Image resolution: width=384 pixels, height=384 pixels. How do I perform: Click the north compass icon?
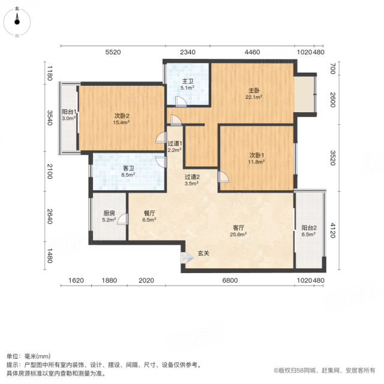click(17, 22)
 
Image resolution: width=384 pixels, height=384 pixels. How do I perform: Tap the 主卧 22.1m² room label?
click(254, 94)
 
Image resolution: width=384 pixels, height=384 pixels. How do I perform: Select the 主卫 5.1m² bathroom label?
click(187, 85)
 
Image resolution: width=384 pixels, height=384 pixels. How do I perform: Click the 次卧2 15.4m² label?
click(121, 119)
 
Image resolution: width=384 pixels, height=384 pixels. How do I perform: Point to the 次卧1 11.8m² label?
click(257, 158)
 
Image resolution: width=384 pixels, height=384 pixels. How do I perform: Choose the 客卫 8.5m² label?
click(128, 172)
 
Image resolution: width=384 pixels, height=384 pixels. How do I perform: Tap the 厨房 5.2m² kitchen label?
click(109, 217)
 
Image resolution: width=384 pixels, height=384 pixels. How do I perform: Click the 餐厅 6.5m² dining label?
click(149, 217)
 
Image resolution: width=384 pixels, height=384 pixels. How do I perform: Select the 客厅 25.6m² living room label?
click(238, 231)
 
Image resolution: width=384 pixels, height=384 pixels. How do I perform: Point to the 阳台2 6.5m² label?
click(309, 231)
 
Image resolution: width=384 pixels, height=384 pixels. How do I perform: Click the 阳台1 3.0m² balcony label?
click(69, 115)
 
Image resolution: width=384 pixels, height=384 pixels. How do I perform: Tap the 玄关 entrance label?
click(203, 253)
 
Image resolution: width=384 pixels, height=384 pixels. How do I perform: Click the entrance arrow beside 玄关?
click(187, 258)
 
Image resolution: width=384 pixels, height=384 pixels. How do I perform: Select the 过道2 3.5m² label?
click(192, 180)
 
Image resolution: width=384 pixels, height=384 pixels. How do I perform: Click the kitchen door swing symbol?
click(123, 219)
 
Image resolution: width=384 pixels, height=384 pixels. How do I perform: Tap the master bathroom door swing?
click(181, 102)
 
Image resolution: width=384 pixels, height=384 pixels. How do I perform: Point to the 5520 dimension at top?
click(113, 52)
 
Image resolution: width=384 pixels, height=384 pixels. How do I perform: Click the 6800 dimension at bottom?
click(230, 280)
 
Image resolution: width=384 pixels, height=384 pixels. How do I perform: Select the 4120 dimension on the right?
click(332, 230)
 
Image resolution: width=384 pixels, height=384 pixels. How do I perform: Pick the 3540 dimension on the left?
click(50, 118)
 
